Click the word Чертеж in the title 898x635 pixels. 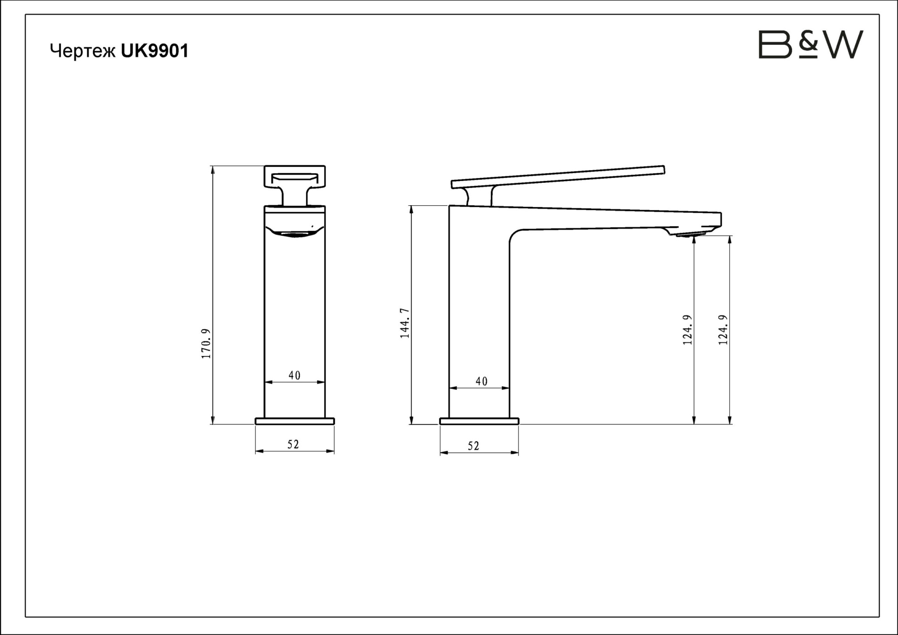(83, 51)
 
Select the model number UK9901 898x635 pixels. (155, 51)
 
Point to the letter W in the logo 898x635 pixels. (841, 44)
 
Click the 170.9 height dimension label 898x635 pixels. (206, 343)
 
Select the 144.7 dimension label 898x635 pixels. (405, 323)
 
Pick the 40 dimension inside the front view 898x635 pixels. (295, 375)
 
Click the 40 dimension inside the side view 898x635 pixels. (481, 381)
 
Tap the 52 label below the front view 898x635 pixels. (293, 444)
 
